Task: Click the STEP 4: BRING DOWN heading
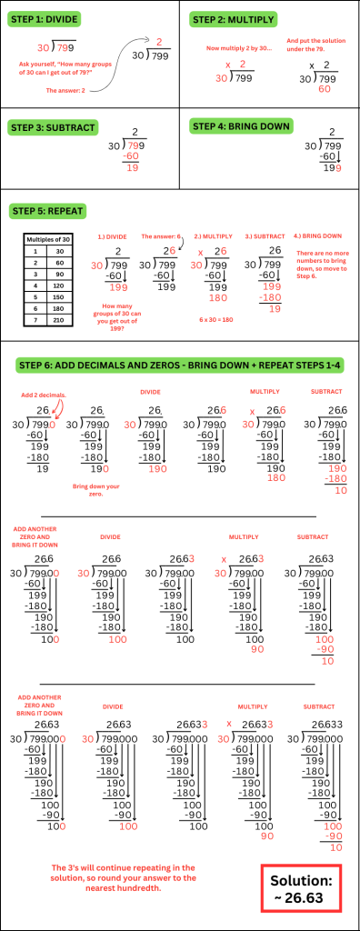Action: click(x=240, y=127)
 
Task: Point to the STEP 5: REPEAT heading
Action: click(x=51, y=210)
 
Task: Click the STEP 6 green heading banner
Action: click(x=180, y=365)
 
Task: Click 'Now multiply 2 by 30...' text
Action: click(x=237, y=46)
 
